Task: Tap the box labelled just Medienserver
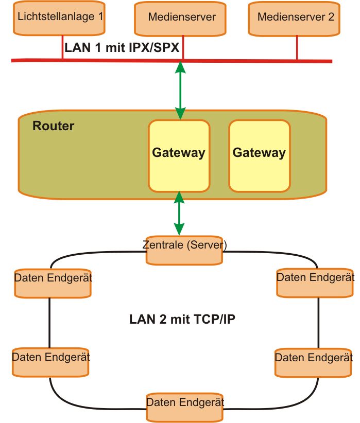181,17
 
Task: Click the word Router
54,126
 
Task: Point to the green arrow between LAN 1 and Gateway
180,91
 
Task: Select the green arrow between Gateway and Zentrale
179,214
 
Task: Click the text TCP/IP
214,320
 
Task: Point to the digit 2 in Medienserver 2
331,17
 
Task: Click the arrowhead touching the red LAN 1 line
180,67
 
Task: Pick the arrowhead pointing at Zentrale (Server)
179,232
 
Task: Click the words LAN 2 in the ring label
145,320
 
